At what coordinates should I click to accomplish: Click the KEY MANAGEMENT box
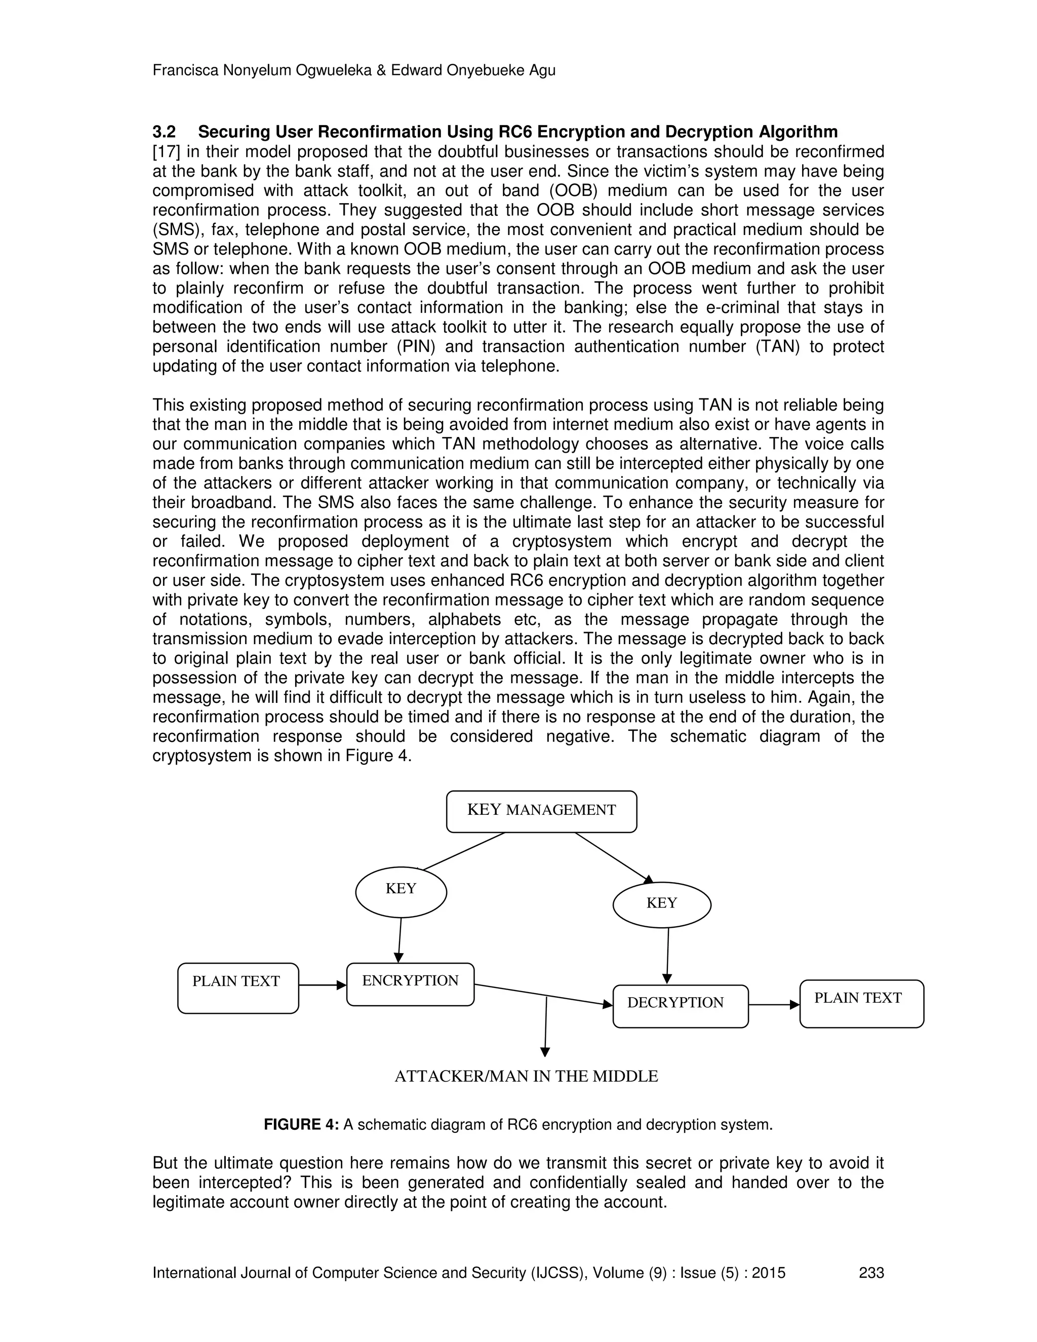[541, 811]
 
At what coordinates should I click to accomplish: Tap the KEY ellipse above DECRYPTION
[662, 904]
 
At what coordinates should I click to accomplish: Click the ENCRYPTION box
[410, 984]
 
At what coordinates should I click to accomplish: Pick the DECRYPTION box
[681, 1006]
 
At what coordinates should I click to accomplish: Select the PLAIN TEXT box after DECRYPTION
[861, 1003]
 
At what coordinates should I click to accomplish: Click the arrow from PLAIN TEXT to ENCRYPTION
[323, 985]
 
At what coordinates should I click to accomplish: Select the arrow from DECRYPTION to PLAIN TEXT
[774, 1005]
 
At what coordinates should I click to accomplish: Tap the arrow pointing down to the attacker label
[545, 1032]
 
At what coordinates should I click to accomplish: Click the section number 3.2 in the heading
[164, 132]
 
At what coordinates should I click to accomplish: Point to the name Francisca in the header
[184, 71]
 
